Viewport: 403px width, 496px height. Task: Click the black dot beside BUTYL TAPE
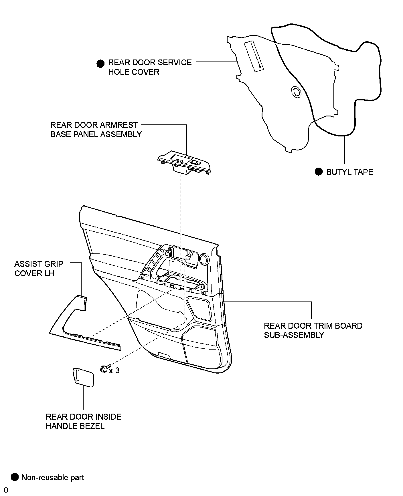tap(319, 172)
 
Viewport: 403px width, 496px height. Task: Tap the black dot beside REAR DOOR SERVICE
tap(100, 64)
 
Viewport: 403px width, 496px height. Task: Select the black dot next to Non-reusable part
tap(15, 477)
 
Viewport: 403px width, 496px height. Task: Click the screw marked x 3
tap(103, 369)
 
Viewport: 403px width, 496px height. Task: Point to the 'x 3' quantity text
tap(114, 370)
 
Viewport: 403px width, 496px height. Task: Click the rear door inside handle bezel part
tap(83, 377)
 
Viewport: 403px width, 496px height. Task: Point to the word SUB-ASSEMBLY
tap(294, 335)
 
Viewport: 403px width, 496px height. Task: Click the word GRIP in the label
tap(54, 264)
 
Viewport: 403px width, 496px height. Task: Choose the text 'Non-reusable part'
tap(53, 477)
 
